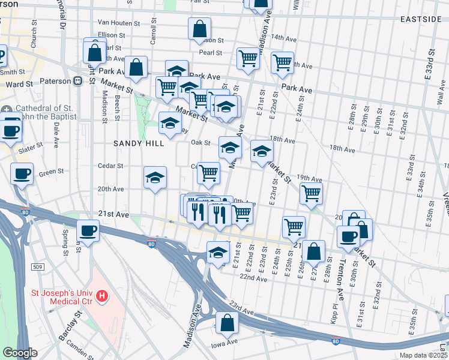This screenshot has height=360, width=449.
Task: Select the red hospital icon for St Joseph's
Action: (103, 296)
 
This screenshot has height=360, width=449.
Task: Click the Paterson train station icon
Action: (77, 81)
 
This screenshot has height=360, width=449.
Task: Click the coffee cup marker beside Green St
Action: (22, 174)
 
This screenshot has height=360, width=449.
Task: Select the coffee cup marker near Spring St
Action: (88, 230)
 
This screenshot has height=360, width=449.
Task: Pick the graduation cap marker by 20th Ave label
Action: (155, 178)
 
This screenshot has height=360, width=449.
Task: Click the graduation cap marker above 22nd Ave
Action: (218, 252)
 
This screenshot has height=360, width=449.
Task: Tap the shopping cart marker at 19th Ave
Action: (311, 193)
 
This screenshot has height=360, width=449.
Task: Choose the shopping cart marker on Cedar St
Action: (208, 173)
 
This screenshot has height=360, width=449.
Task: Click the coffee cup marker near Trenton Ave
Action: (348, 236)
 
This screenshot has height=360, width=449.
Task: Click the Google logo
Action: (20, 353)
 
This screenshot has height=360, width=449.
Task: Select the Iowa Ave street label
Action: (224, 345)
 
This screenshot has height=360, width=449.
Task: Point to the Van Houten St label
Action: (118, 22)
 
